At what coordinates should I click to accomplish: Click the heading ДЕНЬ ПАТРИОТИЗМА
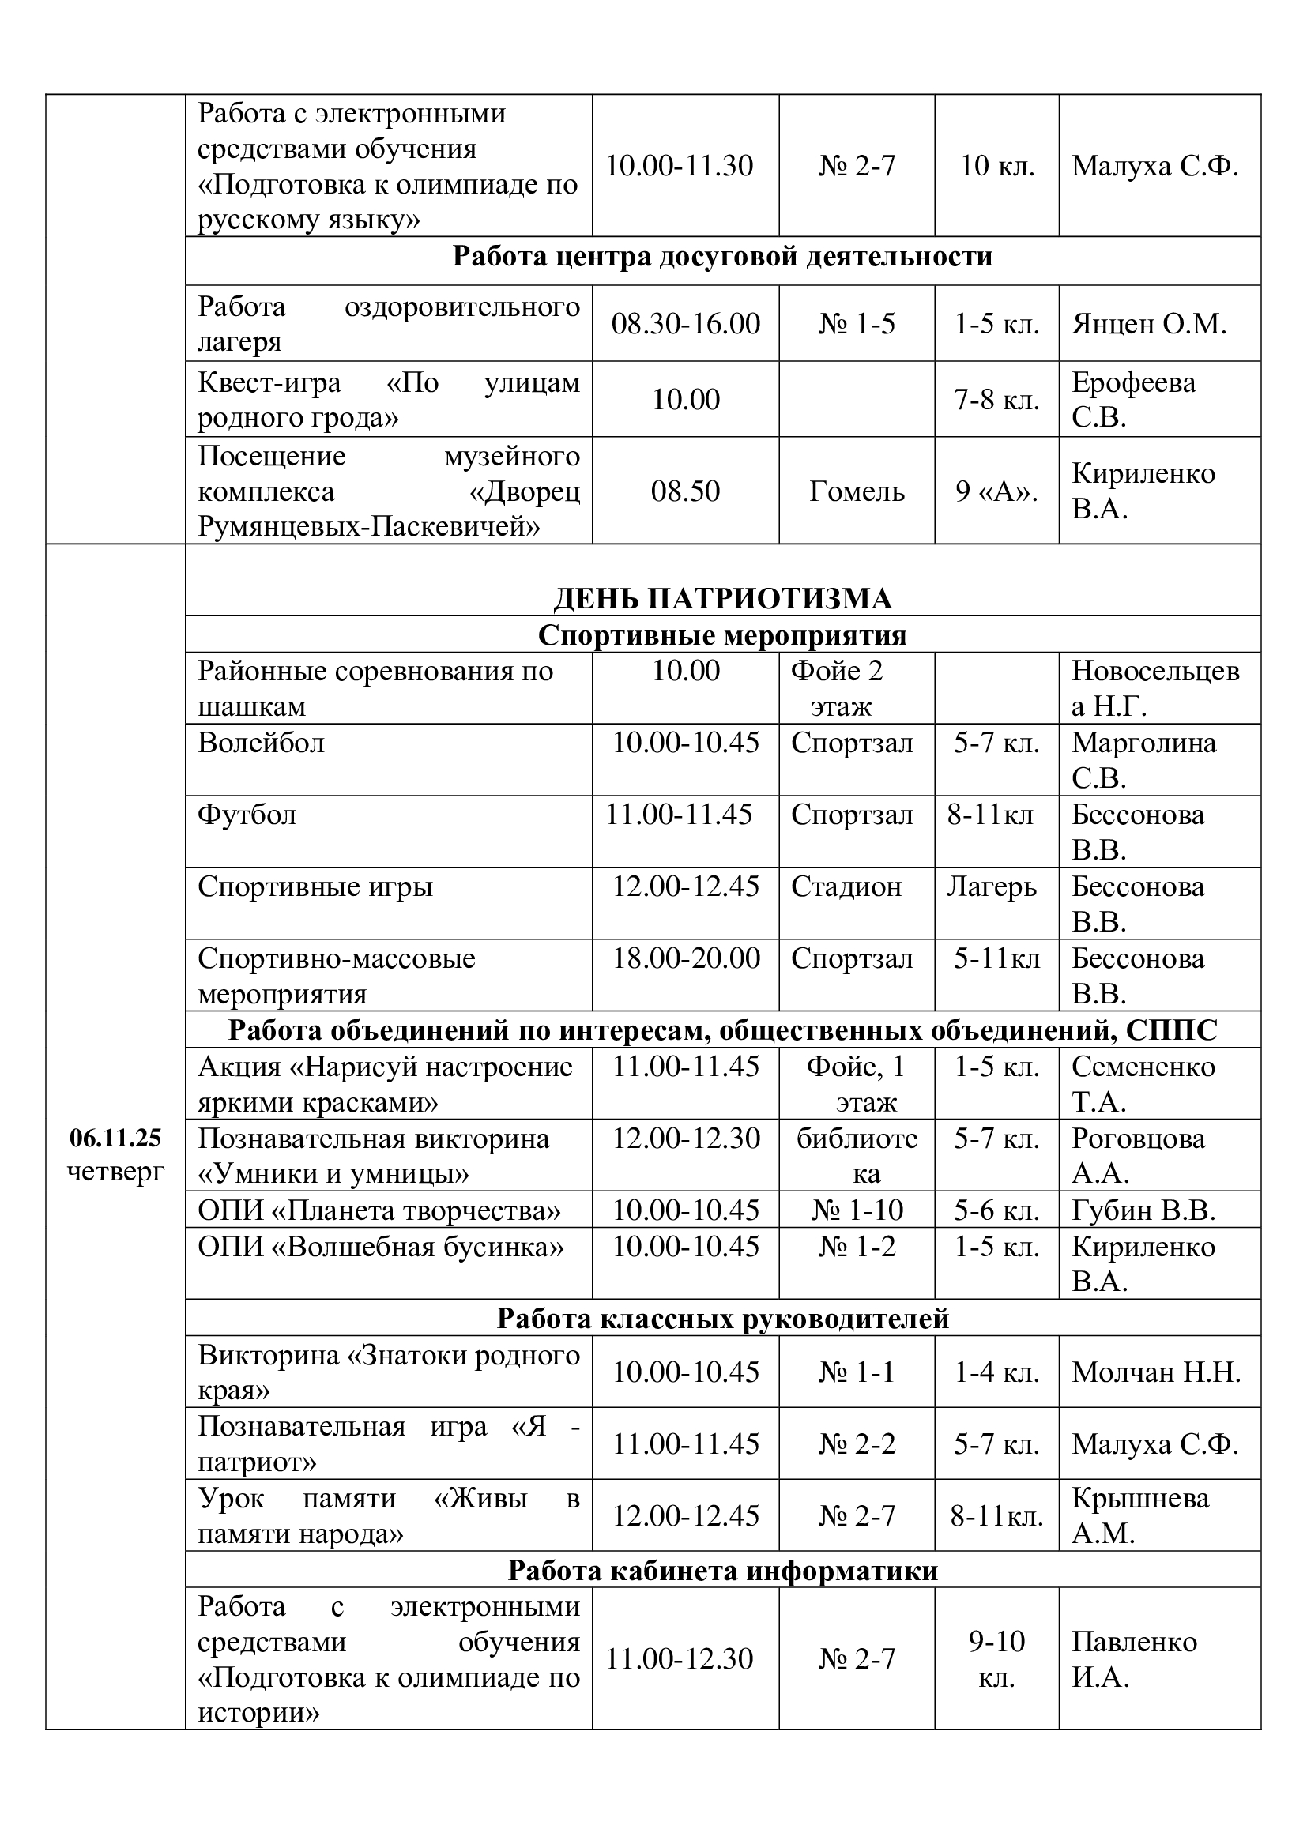tap(723, 599)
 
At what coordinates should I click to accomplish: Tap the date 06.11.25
tap(115, 1137)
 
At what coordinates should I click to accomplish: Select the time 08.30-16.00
tap(686, 324)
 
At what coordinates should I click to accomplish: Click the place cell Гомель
tap(857, 491)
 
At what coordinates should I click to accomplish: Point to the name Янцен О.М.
tap(1148, 324)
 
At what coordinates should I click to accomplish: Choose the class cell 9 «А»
tap(996, 491)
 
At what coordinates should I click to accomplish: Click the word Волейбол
tap(262, 742)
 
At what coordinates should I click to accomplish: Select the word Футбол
tap(247, 815)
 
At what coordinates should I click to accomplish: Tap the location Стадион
tap(846, 886)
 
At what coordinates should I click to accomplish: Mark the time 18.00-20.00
tap(686, 958)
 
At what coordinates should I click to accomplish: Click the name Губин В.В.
tap(1143, 1210)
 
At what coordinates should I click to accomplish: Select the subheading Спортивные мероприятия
tap(722, 635)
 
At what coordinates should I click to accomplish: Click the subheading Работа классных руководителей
tap(723, 1319)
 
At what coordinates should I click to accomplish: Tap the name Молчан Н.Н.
tap(1156, 1372)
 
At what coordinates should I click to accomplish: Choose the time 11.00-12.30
tap(680, 1658)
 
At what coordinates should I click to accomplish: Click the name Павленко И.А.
tap(1134, 1659)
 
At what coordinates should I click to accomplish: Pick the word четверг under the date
tap(115, 1171)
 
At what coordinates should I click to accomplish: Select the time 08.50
tap(686, 491)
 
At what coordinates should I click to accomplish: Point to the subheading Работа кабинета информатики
tap(723, 1571)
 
